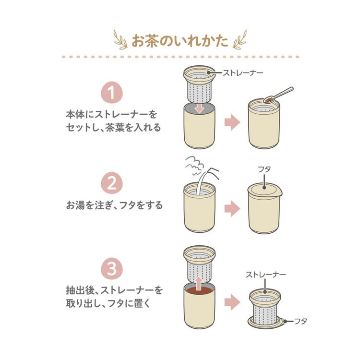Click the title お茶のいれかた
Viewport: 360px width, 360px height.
[x=180, y=41]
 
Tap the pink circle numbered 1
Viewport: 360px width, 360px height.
[x=112, y=93]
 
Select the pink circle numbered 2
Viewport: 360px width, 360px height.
[x=112, y=183]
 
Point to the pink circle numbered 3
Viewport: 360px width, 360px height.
[x=112, y=269]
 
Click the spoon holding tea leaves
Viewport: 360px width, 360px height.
[x=278, y=95]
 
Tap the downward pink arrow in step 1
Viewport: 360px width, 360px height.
[x=199, y=108]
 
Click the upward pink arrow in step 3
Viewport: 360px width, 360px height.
[x=199, y=283]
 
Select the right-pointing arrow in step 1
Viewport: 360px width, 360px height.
[x=232, y=122]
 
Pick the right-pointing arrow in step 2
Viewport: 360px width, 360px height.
[x=232, y=208]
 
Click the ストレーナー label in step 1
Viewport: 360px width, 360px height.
[x=243, y=73]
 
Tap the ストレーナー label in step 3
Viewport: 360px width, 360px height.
[x=265, y=275]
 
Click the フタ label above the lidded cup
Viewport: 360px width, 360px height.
[x=264, y=169]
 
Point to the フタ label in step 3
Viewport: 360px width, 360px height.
[x=300, y=321]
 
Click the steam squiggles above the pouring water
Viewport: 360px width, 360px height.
[x=195, y=165]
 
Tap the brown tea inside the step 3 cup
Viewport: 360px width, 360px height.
[x=199, y=290]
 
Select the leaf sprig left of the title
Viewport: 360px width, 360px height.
[x=121, y=40]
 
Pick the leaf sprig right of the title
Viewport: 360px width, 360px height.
[x=240, y=40]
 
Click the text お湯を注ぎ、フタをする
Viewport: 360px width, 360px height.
[x=114, y=205]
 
